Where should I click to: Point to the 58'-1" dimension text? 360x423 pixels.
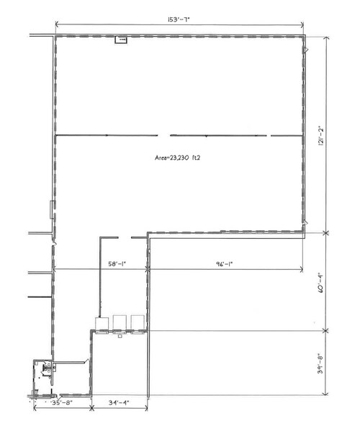(116, 264)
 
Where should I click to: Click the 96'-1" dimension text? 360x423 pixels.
(224, 264)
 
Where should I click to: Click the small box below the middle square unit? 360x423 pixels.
(120, 334)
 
